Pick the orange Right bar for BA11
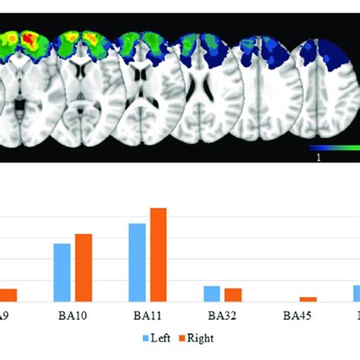[158, 255]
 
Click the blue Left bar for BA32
[212, 294]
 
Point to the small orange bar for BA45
[308, 299]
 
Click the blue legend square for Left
[147, 336]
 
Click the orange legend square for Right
[182, 336]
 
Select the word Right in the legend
[200, 336]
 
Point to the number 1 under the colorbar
[319, 156]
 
